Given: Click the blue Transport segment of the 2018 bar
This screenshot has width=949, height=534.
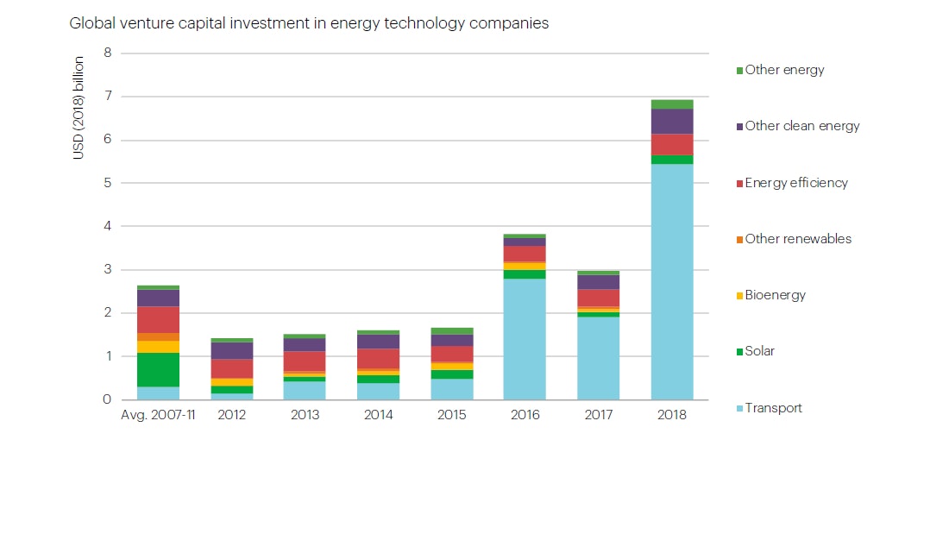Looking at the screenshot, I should [x=672, y=281].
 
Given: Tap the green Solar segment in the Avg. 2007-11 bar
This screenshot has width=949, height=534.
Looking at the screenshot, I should [x=158, y=369].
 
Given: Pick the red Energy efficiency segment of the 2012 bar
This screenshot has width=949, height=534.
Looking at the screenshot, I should [x=232, y=368].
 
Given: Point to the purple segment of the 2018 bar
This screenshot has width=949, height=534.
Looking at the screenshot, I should [x=672, y=122].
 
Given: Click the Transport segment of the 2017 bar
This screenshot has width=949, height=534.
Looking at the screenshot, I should [x=598, y=358].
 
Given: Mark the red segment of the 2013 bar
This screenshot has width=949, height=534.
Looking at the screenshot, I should [x=305, y=361].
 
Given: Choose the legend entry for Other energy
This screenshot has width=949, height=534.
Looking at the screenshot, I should [x=784, y=70].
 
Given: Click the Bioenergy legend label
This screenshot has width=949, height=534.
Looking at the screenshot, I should [x=775, y=295].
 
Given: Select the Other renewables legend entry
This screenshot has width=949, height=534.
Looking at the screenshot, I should [x=798, y=239].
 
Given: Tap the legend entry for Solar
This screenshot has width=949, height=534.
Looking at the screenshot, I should [x=759, y=351].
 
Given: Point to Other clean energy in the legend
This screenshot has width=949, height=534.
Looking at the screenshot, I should [x=801, y=126].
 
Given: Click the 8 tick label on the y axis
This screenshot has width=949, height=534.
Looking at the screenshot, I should [x=108, y=53].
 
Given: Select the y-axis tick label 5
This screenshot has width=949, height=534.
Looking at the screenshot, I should [x=108, y=183].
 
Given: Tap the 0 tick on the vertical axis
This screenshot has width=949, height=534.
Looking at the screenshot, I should [x=108, y=399].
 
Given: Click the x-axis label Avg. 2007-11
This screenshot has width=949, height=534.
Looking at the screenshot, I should [x=158, y=415].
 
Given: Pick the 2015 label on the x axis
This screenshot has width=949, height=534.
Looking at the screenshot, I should [x=451, y=415].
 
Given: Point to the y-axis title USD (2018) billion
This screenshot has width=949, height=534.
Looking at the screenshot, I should [x=79, y=108].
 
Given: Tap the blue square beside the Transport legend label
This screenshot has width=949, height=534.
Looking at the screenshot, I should [x=739, y=409].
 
